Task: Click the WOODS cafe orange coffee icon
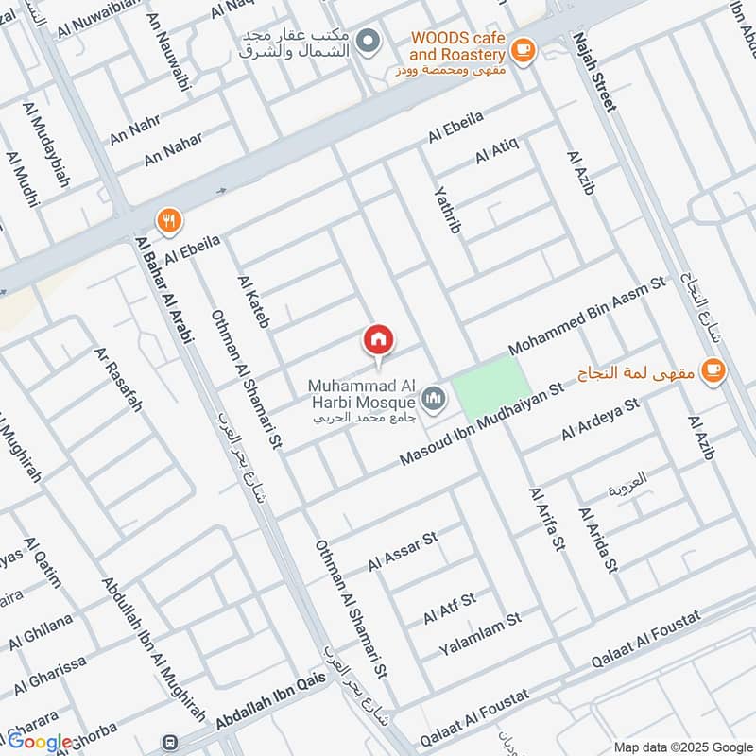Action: (522, 48)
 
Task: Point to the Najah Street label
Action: (593, 72)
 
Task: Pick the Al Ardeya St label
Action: (600, 420)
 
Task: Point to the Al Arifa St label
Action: (546, 518)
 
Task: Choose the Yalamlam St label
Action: (480, 634)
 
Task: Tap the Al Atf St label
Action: (450, 608)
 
